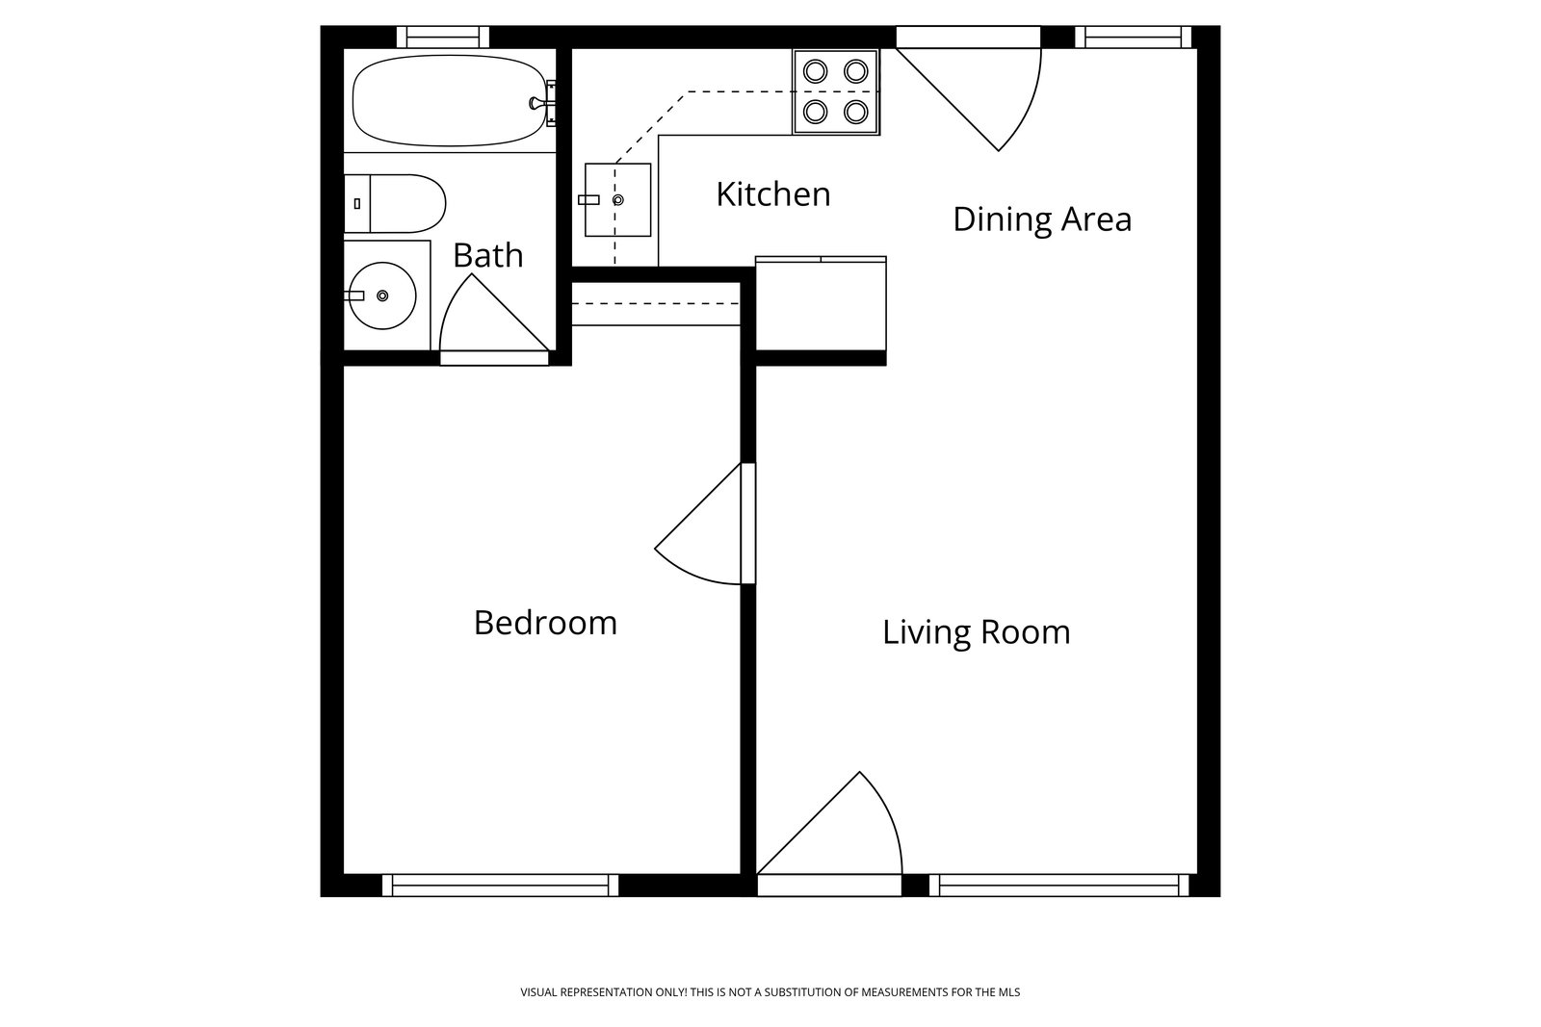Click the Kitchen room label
click(773, 194)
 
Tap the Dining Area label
click(1042, 220)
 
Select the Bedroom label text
click(545, 623)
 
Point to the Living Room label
click(977, 632)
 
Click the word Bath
click(487, 256)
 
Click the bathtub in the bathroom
click(450, 101)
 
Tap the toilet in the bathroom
click(395, 203)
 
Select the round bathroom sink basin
click(382, 295)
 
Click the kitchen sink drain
click(617, 200)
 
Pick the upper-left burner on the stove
click(815, 71)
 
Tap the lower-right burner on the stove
click(856, 112)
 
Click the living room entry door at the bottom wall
click(829, 834)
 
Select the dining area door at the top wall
click(969, 90)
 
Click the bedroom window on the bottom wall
click(500, 886)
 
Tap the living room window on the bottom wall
click(1059, 886)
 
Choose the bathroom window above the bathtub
click(443, 38)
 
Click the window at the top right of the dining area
click(1133, 38)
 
